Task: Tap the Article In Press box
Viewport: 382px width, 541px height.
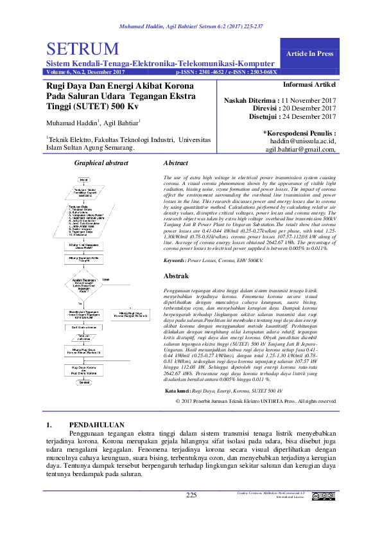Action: pos(310,53)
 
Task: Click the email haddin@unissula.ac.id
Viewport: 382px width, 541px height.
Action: pos(302,141)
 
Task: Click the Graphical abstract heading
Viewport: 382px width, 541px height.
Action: pos(101,164)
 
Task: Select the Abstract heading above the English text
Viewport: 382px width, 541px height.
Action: pos(176,164)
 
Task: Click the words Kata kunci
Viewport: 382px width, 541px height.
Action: pos(178,373)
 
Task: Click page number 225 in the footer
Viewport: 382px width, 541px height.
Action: pos(191,495)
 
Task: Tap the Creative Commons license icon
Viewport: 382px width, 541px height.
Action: pos(323,496)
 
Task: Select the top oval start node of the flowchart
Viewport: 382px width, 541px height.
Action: pos(83,178)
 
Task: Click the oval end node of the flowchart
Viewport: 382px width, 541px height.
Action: pos(83,381)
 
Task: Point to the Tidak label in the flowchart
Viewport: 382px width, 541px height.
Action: pos(106,279)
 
